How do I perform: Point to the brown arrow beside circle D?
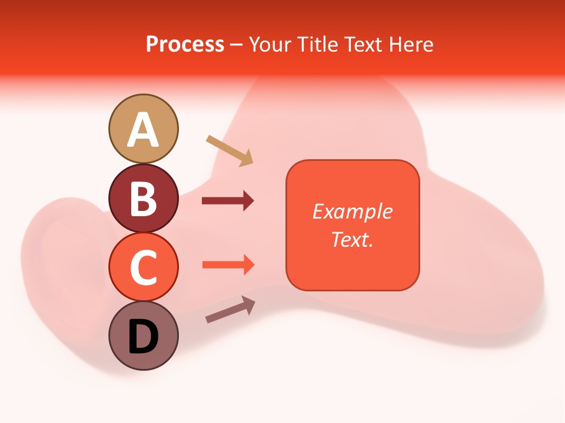coord(230,310)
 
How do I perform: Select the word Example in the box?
coord(353,211)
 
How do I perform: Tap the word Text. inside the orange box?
coord(353,239)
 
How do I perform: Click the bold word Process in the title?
coord(185,45)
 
